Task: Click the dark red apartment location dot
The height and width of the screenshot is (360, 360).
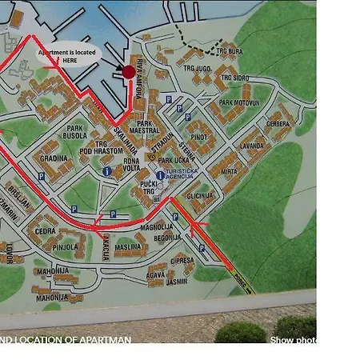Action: point(128,72)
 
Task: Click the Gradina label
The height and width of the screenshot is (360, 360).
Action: point(54,158)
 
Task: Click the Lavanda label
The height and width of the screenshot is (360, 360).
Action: point(251,146)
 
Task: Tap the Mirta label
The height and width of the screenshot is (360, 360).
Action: point(229,172)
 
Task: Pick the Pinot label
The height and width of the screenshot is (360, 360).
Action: point(199,138)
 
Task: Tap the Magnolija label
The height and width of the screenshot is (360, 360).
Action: point(157,226)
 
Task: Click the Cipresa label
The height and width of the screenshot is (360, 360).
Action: point(182,261)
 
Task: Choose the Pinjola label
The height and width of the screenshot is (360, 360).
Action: point(65,248)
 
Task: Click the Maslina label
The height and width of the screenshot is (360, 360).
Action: point(127,248)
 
